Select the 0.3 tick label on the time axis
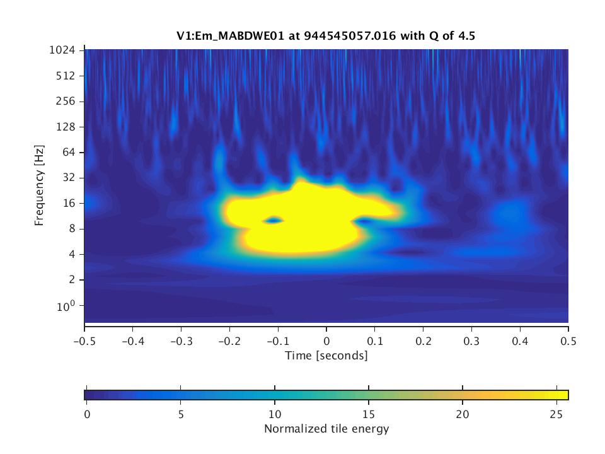pyautogui.click(x=471, y=339)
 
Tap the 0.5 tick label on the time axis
pyautogui.click(x=568, y=339)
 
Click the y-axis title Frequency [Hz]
pyautogui.click(x=39, y=185)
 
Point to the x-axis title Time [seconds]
pyautogui.click(x=326, y=356)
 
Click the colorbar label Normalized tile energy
pyautogui.click(x=326, y=429)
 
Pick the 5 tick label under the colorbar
pyautogui.click(x=181, y=413)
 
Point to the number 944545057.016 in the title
pyautogui.click(x=350, y=37)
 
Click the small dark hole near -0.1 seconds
pyautogui.click(x=273, y=221)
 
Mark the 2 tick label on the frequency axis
pyautogui.click(x=74, y=279)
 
